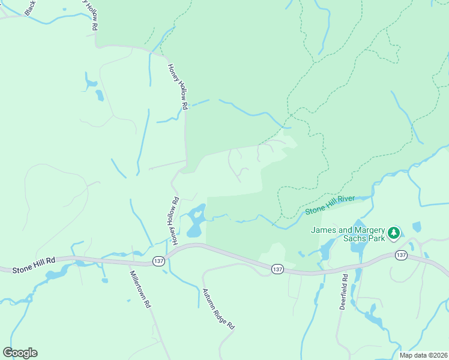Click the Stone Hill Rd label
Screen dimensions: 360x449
(x=34, y=265)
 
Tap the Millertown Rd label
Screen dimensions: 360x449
(x=140, y=289)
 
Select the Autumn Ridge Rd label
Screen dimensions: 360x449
(x=217, y=308)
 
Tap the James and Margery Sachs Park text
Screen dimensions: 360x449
(x=347, y=234)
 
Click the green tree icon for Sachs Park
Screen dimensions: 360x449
(x=394, y=232)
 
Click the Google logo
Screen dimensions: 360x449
(x=20, y=352)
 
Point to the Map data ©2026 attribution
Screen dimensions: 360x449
(x=423, y=355)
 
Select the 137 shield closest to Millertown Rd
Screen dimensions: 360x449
(x=158, y=262)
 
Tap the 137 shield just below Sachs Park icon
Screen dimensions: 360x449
(x=402, y=255)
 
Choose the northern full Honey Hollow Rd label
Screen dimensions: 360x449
(x=178, y=86)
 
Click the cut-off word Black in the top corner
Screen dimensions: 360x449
(x=29, y=7)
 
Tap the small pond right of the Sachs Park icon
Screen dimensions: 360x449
(x=417, y=227)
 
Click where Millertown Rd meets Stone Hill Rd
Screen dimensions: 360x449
(x=131, y=262)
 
